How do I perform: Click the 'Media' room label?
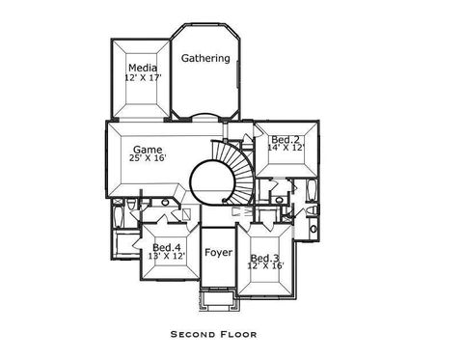(x=142, y=68)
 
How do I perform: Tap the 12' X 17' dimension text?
(x=142, y=77)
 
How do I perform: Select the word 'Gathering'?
(x=205, y=58)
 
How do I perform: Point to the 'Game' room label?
(x=147, y=150)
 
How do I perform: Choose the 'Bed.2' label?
(x=285, y=140)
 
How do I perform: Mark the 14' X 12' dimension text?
(x=285, y=149)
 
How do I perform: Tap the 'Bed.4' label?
(x=166, y=247)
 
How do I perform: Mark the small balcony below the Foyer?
(x=217, y=301)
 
